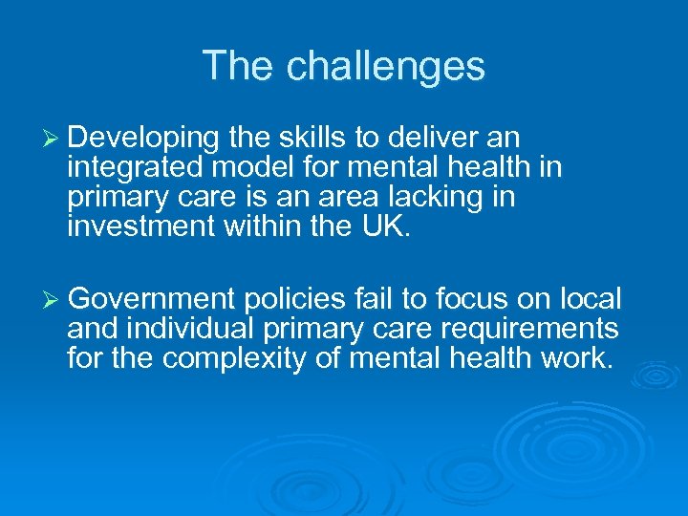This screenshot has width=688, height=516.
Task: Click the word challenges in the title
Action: coord(385,67)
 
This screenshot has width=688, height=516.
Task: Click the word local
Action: coord(589,299)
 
